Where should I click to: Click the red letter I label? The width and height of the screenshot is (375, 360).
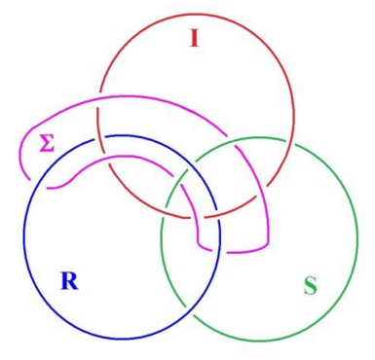(x=194, y=39)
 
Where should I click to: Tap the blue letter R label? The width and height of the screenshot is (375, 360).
(x=69, y=281)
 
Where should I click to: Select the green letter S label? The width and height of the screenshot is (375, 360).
(x=310, y=286)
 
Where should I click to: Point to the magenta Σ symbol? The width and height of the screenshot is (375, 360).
(x=46, y=144)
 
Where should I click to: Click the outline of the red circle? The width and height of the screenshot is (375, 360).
(x=293, y=112)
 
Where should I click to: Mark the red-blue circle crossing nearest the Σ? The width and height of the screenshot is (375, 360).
(x=99, y=138)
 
